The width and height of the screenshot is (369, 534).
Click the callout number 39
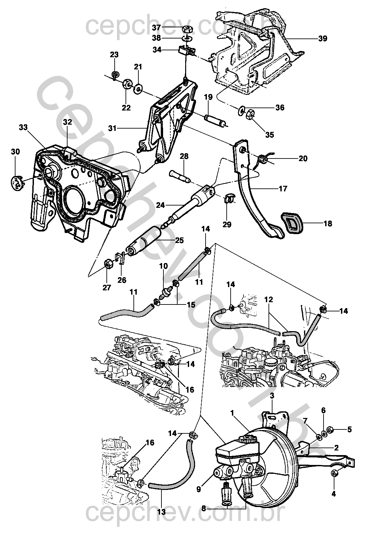[x=323, y=38]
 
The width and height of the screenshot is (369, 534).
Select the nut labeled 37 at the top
[x=187, y=29]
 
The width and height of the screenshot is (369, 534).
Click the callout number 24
[x=160, y=206]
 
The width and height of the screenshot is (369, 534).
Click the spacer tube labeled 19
[x=216, y=120]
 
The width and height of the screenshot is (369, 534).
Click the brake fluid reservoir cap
[x=247, y=440]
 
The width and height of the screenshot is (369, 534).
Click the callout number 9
[x=198, y=489]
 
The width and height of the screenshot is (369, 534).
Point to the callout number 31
[x=113, y=129]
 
